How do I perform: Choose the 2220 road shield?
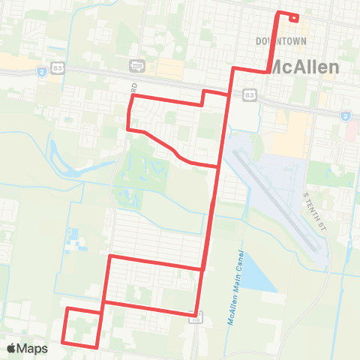pyautogui.click(x=136, y=65)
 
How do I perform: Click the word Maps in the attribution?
pyautogui.click(x=33, y=348)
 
